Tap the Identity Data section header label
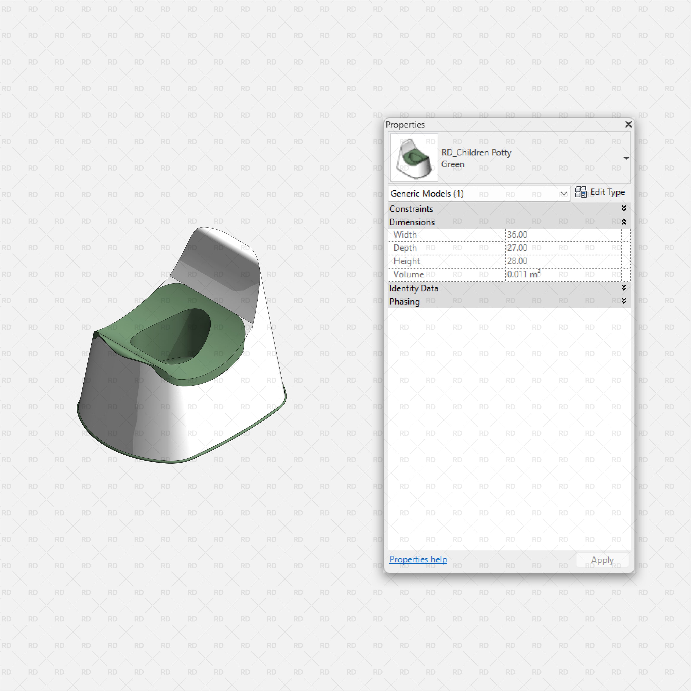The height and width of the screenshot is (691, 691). pyautogui.click(x=414, y=288)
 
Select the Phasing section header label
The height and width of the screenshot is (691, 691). pyautogui.click(x=404, y=301)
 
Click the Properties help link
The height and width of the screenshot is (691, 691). pyautogui.click(x=418, y=559)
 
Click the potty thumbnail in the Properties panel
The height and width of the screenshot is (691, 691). pyautogui.click(x=414, y=158)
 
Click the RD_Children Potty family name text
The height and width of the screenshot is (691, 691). pyautogui.click(x=476, y=152)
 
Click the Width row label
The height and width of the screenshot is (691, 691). pyautogui.click(x=405, y=235)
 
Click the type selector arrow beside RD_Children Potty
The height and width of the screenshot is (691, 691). pyautogui.click(x=626, y=158)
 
